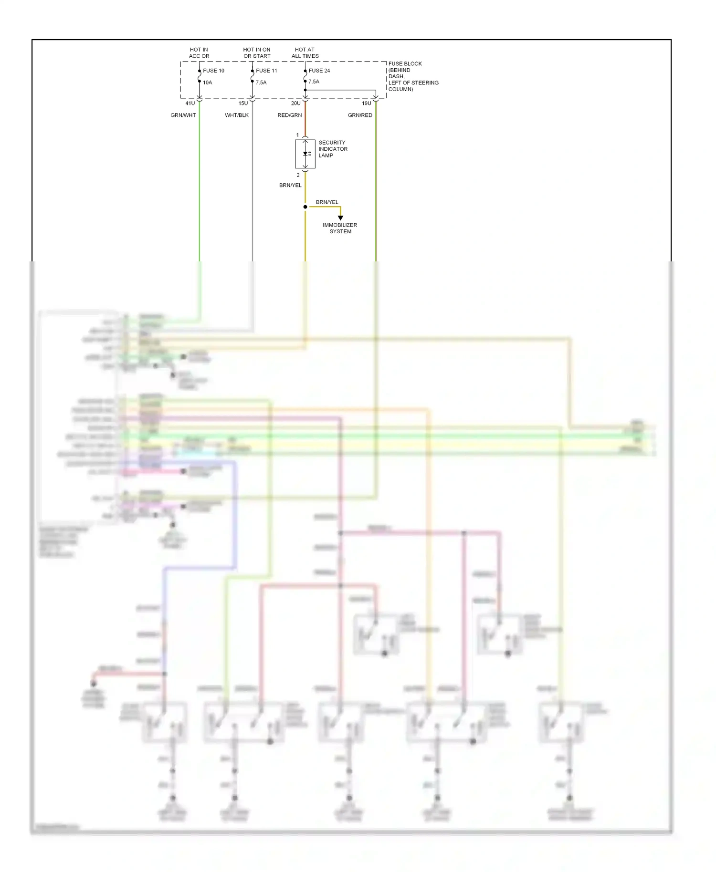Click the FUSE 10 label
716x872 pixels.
(213, 71)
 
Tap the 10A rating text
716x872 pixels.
(208, 83)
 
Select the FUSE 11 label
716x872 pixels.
(266, 71)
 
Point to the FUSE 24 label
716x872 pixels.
(319, 71)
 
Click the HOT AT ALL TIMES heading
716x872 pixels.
(305, 53)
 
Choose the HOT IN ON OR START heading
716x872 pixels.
(257, 53)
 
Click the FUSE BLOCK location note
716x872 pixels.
(413, 76)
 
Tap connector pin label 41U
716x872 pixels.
(190, 104)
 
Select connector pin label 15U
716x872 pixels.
(243, 104)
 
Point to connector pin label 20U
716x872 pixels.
(296, 104)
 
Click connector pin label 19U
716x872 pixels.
(366, 104)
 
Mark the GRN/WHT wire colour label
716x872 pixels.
(183, 115)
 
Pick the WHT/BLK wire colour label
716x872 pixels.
(237, 115)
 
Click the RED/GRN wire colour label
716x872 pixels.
(290, 115)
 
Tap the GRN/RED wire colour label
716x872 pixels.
(360, 115)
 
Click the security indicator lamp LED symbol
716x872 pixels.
(306, 154)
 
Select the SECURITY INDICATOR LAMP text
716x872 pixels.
(333, 149)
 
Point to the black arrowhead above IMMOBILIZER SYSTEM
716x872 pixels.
(340, 218)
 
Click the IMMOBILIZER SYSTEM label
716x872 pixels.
(340, 228)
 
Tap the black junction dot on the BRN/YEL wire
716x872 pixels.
(305, 207)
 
